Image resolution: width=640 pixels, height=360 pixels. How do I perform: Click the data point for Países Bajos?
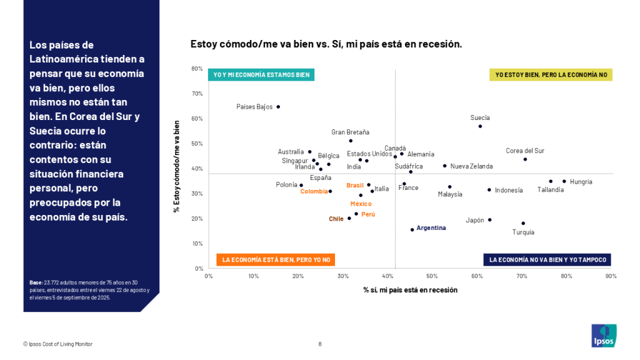(x=278, y=107)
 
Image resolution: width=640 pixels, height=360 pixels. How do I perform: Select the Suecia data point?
(x=480, y=126)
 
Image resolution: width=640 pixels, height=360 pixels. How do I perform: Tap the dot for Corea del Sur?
(x=525, y=159)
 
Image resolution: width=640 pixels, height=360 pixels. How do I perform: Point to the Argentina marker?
(x=412, y=229)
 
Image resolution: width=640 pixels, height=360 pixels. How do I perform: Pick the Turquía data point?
(x=523, y=223)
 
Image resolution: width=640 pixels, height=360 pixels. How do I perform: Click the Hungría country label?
(x=581, y=182)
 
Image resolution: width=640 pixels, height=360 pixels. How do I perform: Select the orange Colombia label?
(x=314, y=191)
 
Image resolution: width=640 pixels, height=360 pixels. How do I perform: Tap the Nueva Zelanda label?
(x=471, y=166)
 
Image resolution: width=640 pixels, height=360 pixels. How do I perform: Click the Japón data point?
(x=489, y=220)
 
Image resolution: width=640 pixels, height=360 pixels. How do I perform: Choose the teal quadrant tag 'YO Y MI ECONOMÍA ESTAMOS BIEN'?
(x=261, y=74)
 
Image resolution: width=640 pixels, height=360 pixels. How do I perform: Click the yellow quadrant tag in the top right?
(x=551, y=74)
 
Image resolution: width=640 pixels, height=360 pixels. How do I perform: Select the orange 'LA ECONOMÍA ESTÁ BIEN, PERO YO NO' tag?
(x=275, y=259)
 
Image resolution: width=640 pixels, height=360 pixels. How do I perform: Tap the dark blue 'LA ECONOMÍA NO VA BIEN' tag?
(x=547, y=259)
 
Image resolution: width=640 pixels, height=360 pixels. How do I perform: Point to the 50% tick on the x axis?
(x=432, y=276)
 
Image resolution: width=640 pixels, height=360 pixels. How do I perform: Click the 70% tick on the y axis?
(x=197, y=94)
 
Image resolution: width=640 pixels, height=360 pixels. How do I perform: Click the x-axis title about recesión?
(x=410, y=290)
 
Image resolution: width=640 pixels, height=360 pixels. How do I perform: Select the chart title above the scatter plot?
(x=326, y=44)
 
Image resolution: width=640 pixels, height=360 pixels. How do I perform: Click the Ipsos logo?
(x=604, y=336)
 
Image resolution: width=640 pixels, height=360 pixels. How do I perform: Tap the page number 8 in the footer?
(x=320, y=344)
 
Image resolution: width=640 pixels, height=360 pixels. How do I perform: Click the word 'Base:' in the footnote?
(x=36, y=282)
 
